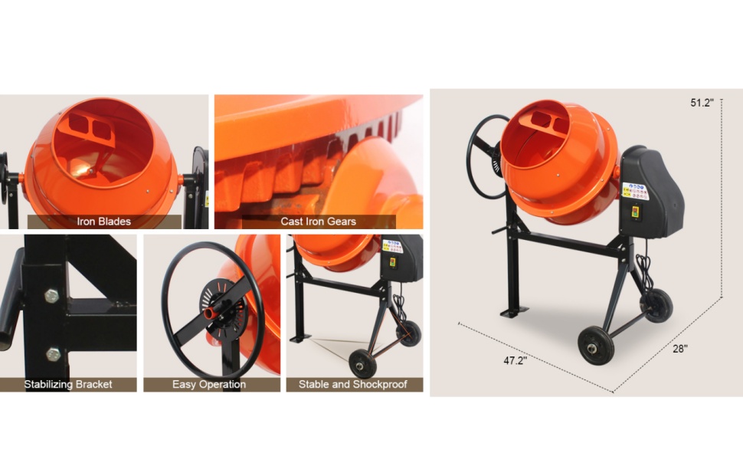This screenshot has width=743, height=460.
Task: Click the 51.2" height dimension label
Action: pos(702,102)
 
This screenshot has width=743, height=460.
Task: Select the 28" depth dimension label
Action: pos(680,349)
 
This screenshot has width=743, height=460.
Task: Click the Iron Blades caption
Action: pos(103,222)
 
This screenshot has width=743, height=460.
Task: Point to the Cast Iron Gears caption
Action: pos(318,222)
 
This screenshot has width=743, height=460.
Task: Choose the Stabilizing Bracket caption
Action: pos(68,384)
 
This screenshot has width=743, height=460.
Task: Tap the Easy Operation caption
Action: pos(208,384)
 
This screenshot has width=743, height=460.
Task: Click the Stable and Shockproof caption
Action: pos(353,384)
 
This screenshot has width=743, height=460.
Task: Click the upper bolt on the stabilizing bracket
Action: pos(52,295)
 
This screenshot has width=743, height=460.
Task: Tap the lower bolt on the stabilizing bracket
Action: pos(52,353)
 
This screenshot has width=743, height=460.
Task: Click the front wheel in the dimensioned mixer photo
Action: pos(595,346)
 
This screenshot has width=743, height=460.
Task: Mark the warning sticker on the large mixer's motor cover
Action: pos(635,189)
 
